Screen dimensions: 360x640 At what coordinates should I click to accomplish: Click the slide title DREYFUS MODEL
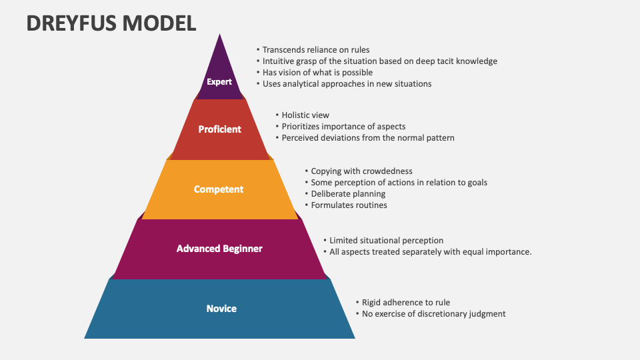click(x=111, y=23)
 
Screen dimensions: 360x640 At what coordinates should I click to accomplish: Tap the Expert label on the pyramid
click(x=219, y=82)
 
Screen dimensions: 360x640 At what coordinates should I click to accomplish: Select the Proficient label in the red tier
click(x=220, y=129)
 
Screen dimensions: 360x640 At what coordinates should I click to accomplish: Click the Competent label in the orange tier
click(x=219, y=189)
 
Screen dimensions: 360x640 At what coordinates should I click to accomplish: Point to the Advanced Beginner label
click(x=219, y=249)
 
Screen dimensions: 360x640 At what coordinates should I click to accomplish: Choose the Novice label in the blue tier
click(x=221, y=309)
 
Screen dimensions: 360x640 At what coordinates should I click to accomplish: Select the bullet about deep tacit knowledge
click(x=379, y=61)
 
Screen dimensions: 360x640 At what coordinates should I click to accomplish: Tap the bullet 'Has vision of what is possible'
click(x=317, y=72)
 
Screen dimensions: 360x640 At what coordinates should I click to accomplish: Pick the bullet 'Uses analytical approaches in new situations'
click(x=347, y=83)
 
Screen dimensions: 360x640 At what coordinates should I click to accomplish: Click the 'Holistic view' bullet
click(x=305, y=115)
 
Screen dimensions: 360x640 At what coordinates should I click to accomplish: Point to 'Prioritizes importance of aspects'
click(x=343, y=127)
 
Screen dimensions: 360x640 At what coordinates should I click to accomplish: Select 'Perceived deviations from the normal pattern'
click(x=368, y=138)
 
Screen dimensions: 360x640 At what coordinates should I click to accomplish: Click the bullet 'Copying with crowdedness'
click(x=362, y=171)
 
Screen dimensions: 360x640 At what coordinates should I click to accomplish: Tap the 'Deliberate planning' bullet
click(x=348, y=194)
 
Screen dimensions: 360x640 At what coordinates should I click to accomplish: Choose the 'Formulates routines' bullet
click(x=349, y=205)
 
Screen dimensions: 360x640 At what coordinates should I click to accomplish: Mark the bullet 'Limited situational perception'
click(x=386, y=241)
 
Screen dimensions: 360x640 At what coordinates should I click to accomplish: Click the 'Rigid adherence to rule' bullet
click(x=407, y=303)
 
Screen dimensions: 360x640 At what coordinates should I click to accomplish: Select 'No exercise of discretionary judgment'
click(x=433, y=314)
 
